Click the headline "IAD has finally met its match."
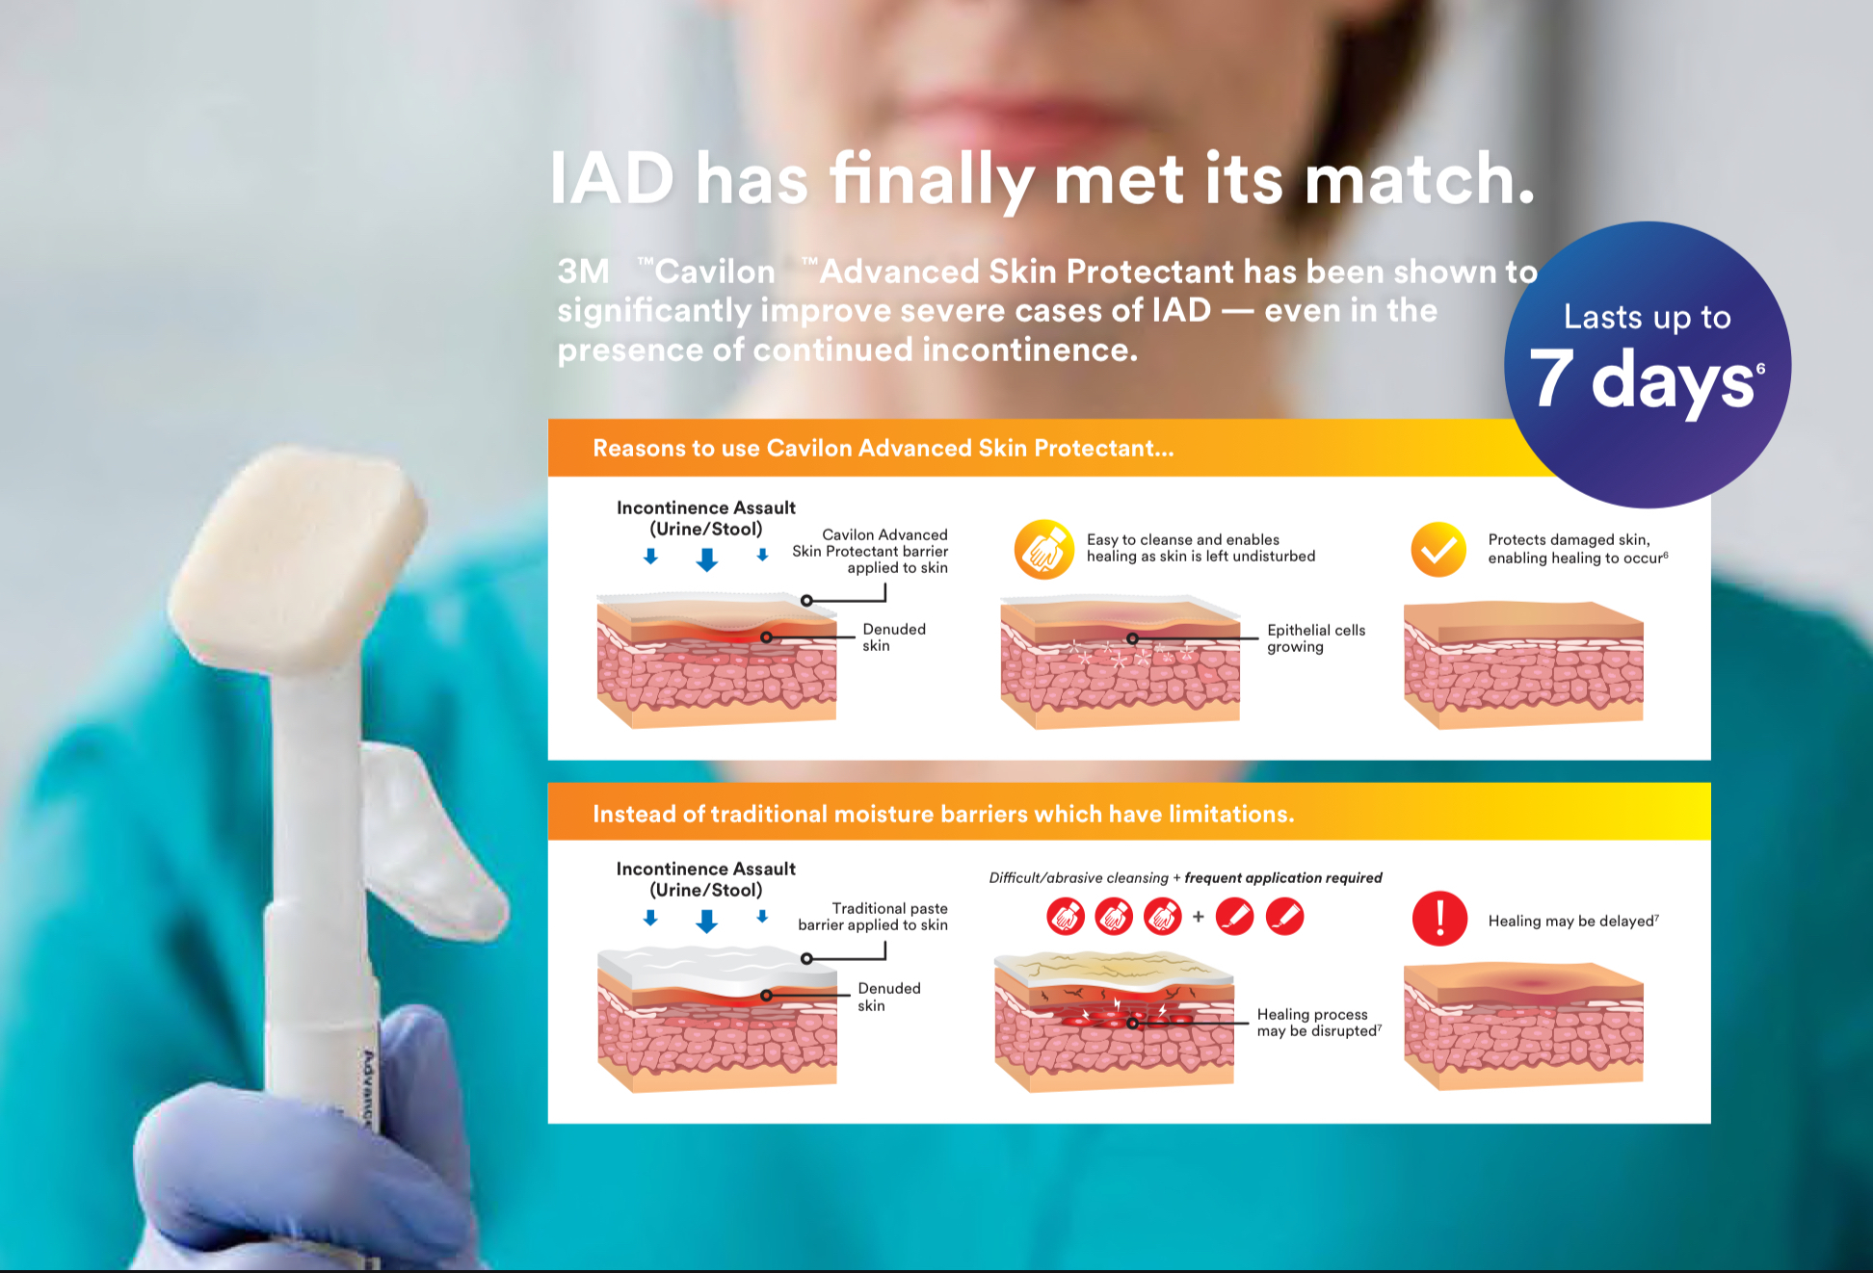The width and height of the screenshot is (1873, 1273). (1042, 179)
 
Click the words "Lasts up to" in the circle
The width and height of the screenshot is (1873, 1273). (1648, 317)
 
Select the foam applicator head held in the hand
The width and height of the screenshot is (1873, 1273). (299, 557)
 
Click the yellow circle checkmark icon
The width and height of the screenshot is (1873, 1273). (1438, 550)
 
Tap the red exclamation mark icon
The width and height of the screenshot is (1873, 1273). (1439, 919)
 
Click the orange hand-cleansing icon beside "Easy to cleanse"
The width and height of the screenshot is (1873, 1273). (1044, 550)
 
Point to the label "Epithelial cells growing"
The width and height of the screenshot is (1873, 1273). (1316, 638)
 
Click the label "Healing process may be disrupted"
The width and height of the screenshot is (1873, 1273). (1319, 1023)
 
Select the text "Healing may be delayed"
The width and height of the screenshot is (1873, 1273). (1573, 922)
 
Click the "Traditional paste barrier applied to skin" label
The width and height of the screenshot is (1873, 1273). (873, 917)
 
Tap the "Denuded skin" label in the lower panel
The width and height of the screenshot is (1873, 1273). (888, 997)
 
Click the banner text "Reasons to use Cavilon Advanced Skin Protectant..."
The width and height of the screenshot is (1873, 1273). (884, 448)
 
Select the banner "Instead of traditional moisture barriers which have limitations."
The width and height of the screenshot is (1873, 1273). (943, 814)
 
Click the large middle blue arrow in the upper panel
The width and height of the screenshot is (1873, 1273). (707, 559)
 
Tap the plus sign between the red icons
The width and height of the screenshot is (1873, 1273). (1199, 917)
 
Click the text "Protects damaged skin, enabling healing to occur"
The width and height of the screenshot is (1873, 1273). (1577, 549)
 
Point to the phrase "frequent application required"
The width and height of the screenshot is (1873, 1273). (1283, 878)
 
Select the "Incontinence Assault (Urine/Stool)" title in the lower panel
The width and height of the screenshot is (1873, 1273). (706, 879)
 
